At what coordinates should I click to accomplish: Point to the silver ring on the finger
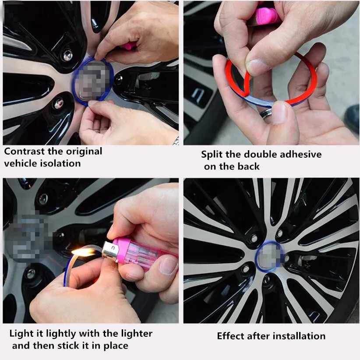coord(266,113)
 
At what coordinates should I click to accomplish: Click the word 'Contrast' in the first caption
coord(25,152)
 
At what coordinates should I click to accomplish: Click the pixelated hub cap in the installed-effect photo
coord(269,255)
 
